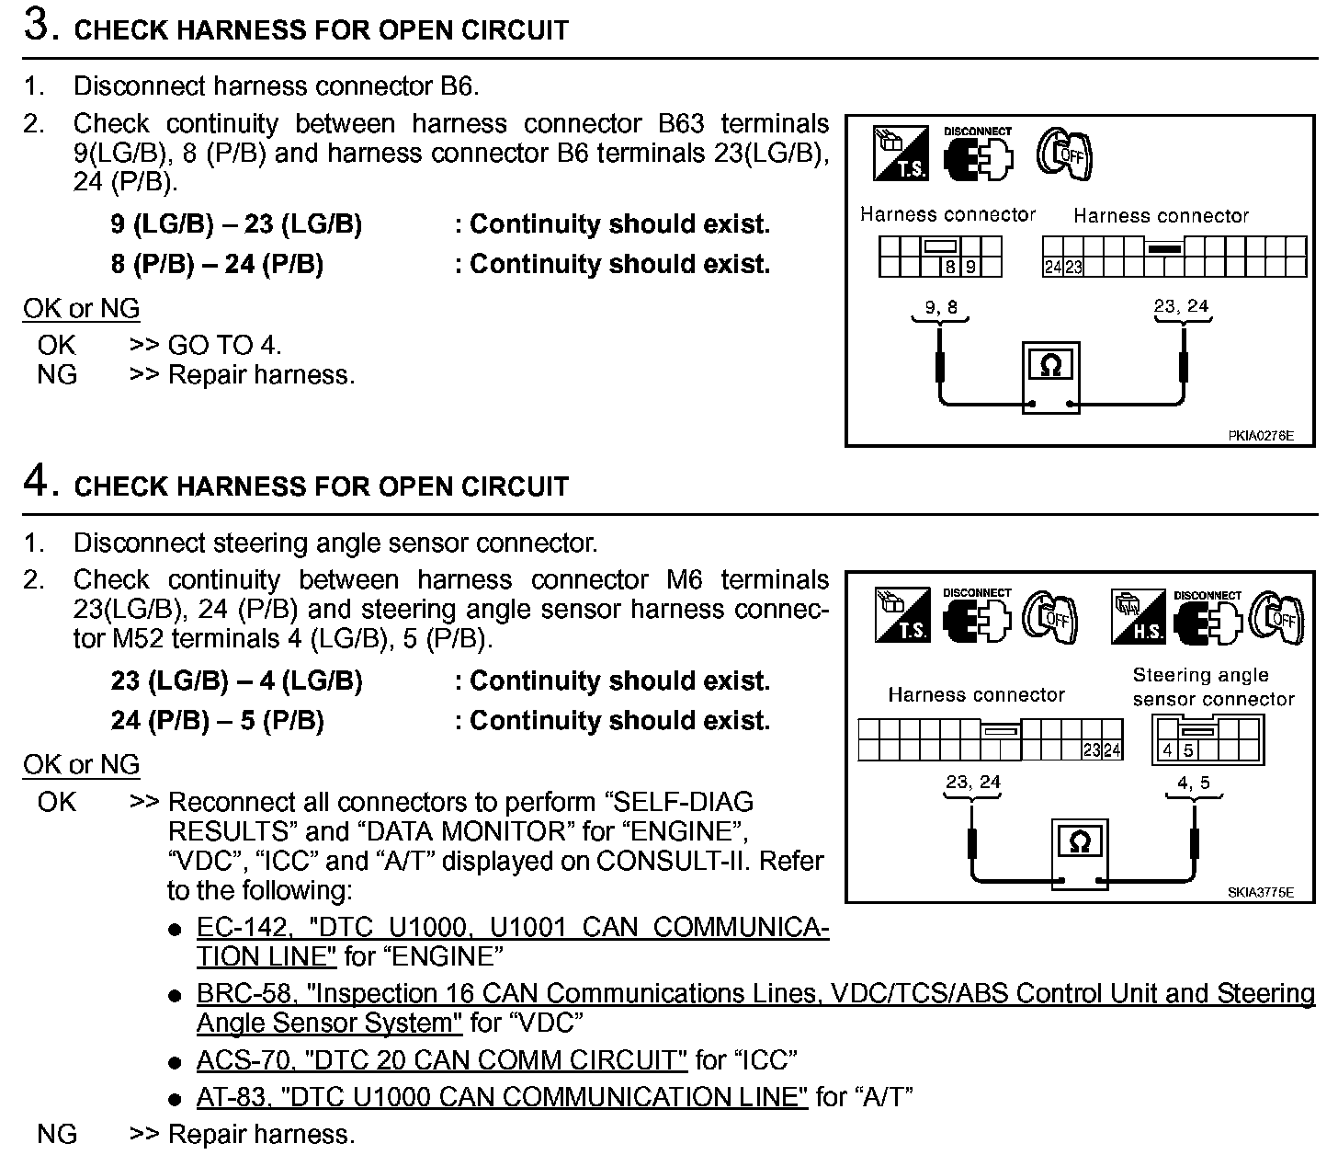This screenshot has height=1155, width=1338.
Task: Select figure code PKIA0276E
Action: (x=1260, y=436)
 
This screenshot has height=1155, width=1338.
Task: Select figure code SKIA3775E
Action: (x=1260, y=892)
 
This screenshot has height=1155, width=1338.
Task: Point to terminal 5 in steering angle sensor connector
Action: (x=1188, y=750)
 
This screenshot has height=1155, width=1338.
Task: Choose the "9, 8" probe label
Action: (x=940, y=307)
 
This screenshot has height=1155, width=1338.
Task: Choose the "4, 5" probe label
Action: (x=1194, y=783)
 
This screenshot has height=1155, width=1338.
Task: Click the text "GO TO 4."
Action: (x=224, y=345)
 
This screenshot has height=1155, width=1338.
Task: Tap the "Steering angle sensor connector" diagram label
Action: (x=1212, y=687)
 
